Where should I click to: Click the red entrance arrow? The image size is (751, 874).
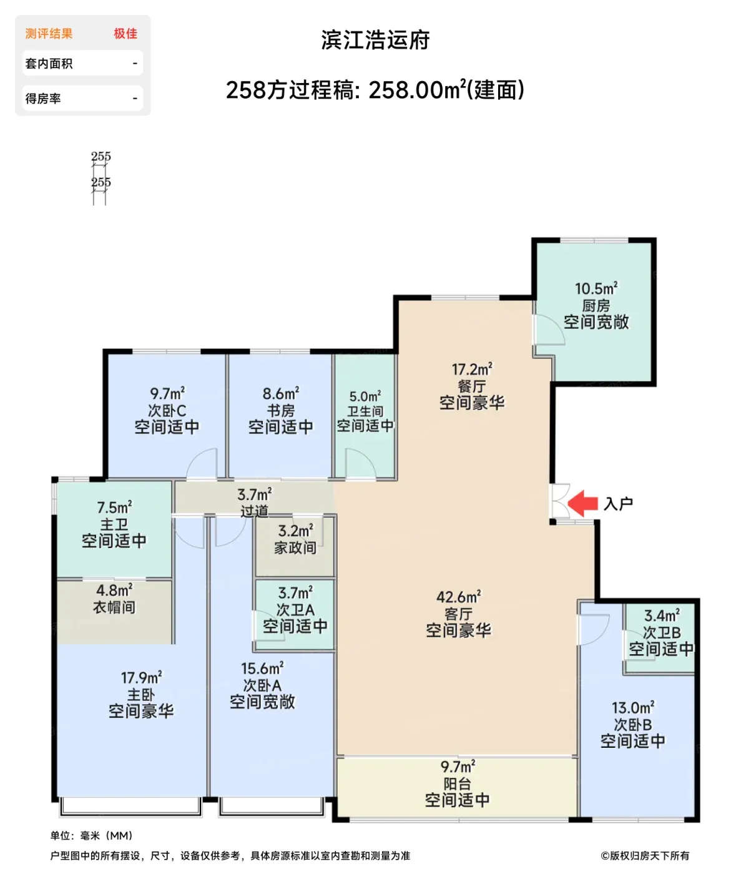582,503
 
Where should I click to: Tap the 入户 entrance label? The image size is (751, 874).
618,504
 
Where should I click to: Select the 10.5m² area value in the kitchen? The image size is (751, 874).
596,289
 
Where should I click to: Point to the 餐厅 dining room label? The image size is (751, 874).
472,386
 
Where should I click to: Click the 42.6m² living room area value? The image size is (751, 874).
458,597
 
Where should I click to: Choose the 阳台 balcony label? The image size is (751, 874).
457,784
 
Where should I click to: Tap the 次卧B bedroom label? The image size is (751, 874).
632,725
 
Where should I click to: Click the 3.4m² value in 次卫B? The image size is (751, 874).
662,615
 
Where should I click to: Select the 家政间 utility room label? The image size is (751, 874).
295,548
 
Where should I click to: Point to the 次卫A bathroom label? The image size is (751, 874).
295,610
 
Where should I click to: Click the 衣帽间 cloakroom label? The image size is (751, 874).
114,607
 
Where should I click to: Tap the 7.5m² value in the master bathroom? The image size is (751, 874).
114,507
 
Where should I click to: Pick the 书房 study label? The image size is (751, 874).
280,410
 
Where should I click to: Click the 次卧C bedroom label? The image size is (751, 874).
167,410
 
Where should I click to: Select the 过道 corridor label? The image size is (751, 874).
254,511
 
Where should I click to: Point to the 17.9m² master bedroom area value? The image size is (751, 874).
141,678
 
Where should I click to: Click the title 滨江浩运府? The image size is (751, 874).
376,41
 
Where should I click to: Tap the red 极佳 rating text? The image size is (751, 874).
125,34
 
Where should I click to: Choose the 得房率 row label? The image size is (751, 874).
43,99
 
